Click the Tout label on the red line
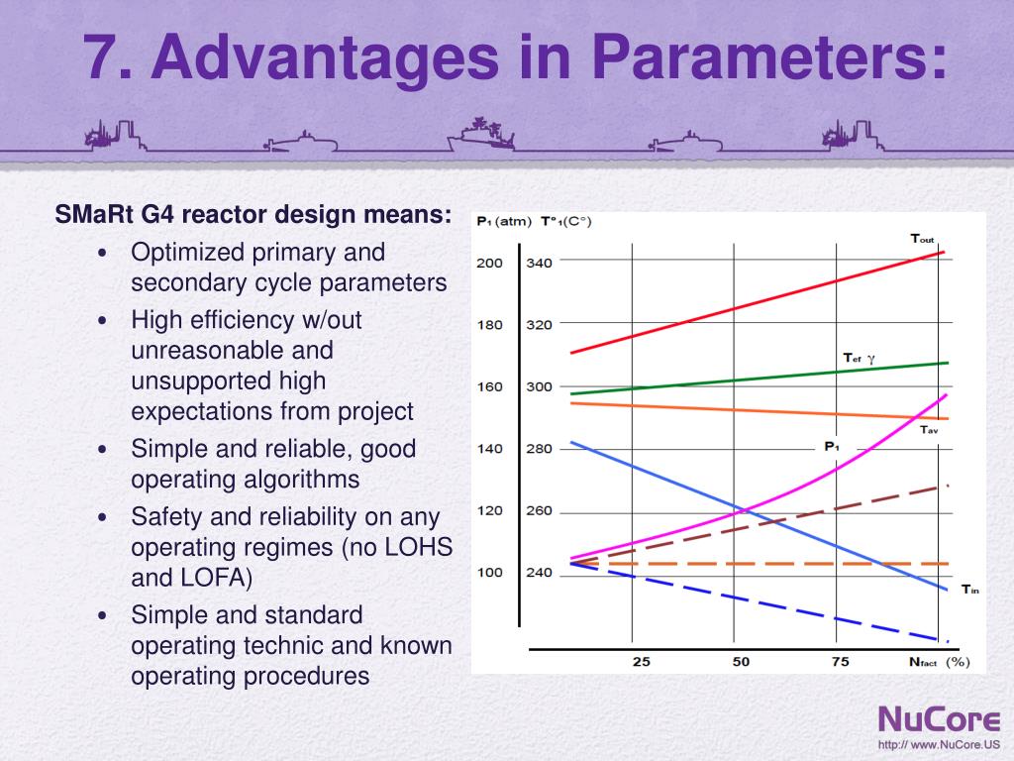(922, 239)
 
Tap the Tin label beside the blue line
(969, 590)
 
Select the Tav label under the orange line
(928, 430)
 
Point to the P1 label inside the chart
(832, 447)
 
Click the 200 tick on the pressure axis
(489, 263)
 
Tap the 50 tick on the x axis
(741, 661)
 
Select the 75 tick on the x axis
(840, 661)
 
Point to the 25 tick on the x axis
(642, 661)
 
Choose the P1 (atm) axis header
(504, 221)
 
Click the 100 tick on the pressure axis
(489, 573)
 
